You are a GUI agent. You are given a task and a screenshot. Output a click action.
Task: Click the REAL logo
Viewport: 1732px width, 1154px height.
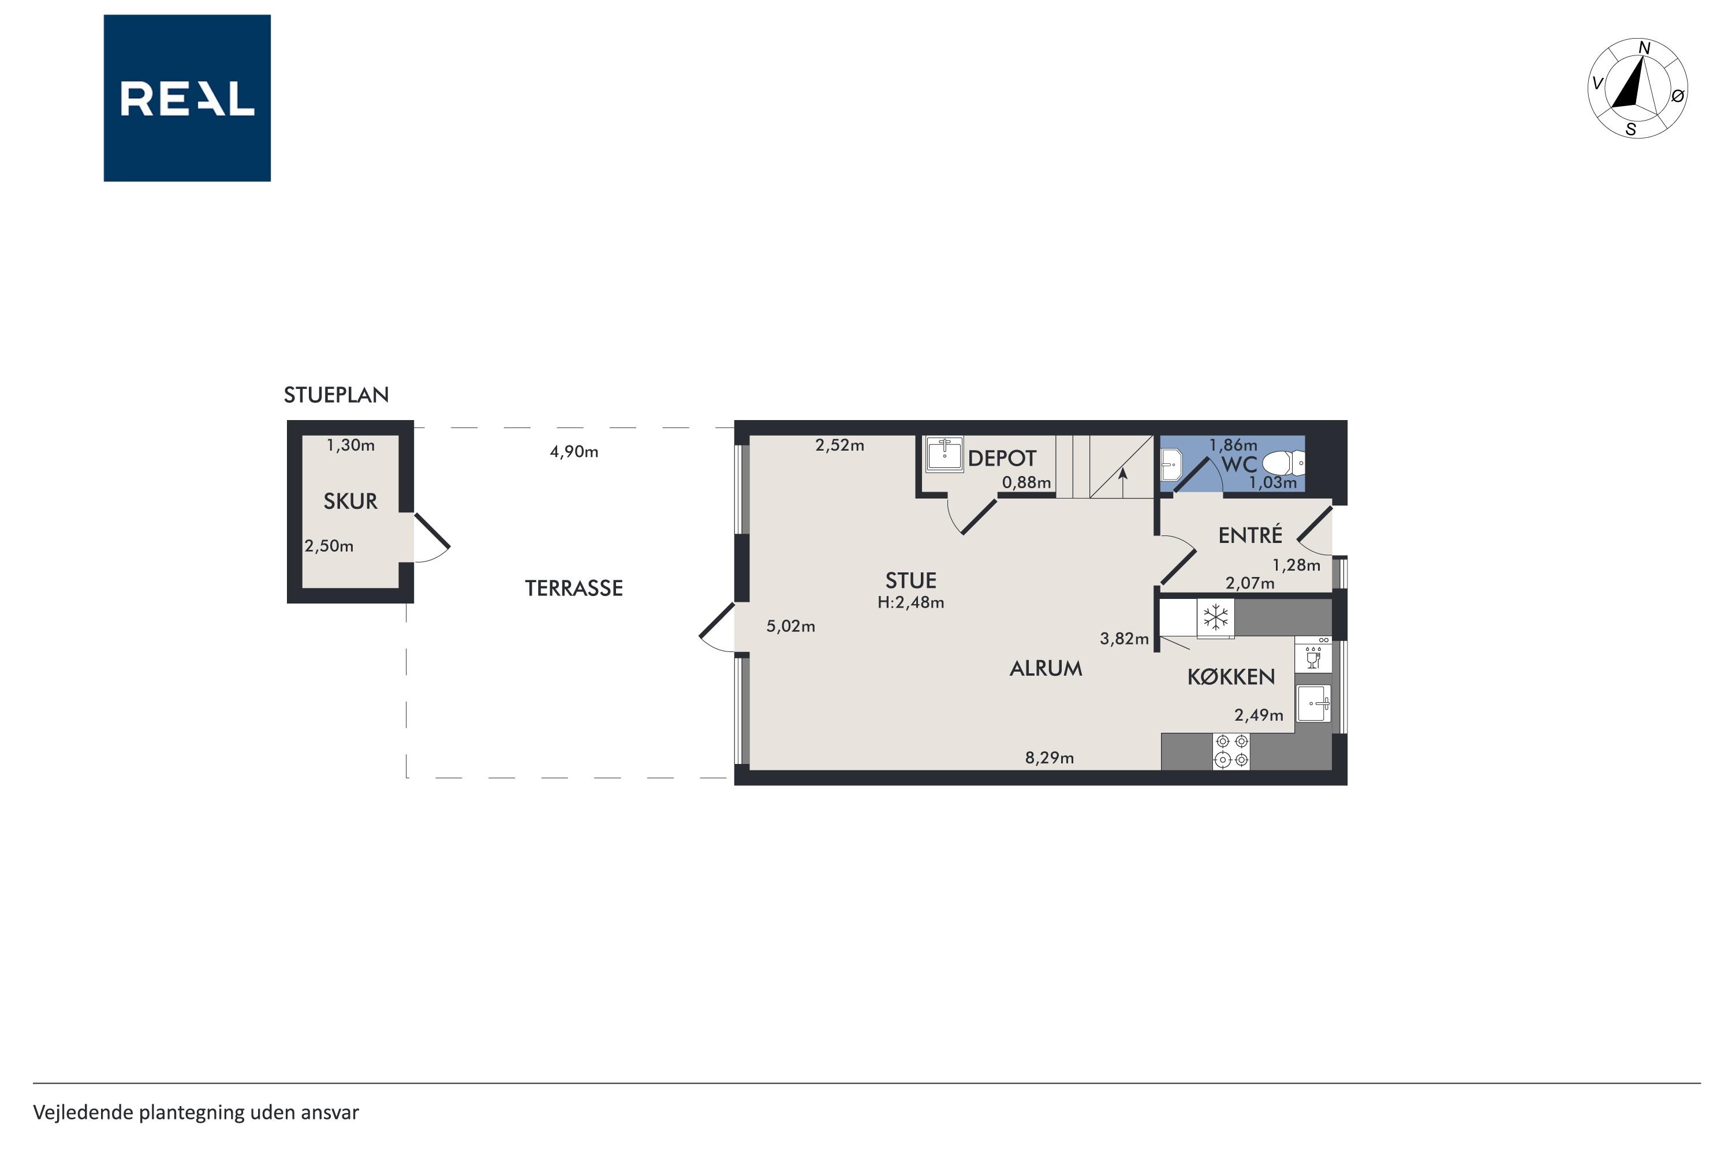pos(187,98)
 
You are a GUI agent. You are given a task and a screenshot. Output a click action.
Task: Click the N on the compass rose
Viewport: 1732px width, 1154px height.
pos(1644,48)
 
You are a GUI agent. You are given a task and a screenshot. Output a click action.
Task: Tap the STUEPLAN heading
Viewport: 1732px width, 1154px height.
pos(337,395)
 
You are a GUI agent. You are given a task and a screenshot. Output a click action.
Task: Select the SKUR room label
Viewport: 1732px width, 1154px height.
pos(350,501)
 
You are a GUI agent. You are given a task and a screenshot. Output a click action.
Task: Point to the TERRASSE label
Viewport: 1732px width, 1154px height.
pos(574,588)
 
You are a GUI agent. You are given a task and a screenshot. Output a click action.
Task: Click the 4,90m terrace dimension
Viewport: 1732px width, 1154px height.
pos(574,452)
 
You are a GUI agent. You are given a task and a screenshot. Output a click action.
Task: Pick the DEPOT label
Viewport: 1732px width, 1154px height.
pos(1002,459)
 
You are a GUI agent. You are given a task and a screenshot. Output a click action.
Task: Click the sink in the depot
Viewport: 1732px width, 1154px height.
pos(944,454)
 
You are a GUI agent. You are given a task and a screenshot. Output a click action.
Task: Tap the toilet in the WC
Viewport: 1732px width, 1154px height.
pos(1283,464)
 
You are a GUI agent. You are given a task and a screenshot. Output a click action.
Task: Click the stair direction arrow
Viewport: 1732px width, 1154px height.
pos(1123,484)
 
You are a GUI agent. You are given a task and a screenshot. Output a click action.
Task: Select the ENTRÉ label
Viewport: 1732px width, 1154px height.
pos(1251,535)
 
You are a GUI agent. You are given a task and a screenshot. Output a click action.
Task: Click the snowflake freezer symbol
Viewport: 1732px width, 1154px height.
pos(1216,617)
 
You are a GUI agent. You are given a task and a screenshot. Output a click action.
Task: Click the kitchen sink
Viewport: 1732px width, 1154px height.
pos(1313,703)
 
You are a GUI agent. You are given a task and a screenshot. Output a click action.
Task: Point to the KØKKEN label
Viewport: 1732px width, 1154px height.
pos(1231,677)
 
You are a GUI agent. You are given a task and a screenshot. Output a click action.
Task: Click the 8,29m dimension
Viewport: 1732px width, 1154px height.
pos(1050,757)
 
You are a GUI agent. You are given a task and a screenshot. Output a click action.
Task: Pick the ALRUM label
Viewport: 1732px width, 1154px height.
pos(1046,668)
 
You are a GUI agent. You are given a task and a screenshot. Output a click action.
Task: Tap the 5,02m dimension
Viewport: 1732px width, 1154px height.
pos(791,626)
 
